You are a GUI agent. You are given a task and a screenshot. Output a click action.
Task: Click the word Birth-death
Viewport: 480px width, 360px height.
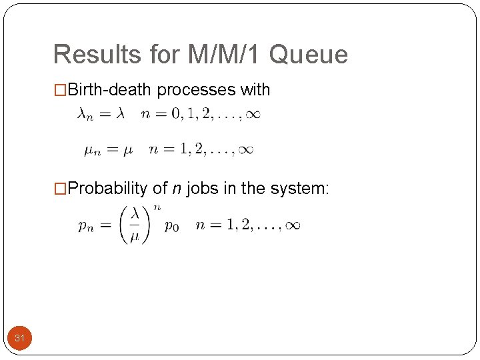click(110, 89)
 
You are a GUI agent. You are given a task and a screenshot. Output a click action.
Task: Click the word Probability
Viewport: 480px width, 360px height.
click(108, 189)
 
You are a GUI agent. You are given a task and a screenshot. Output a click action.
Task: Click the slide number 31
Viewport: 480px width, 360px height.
click(20, 339)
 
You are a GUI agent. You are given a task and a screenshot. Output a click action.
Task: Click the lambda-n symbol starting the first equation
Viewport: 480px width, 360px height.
click(85, 115)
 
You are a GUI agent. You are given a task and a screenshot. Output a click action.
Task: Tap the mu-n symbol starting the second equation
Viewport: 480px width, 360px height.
click(92, 151)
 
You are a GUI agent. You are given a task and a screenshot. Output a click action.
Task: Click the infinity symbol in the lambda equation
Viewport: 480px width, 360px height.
click(252, 115)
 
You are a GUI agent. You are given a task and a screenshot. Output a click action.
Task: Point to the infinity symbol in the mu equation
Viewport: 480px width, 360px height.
click(245, 150)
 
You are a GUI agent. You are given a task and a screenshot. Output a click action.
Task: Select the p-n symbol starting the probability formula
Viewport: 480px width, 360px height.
click(85, 227)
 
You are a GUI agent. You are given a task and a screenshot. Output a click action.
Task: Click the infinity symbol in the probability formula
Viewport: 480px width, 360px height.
click(292, 225)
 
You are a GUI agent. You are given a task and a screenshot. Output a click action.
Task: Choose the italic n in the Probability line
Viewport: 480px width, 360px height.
click(177, 189)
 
